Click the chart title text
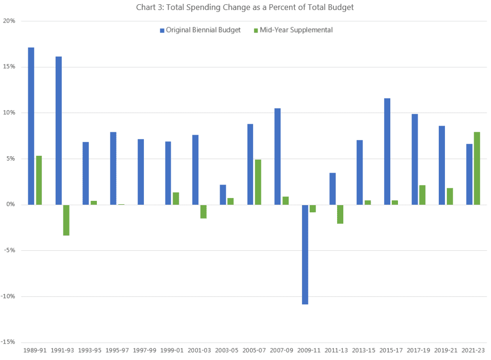pyautogui.click(x=246, y=7)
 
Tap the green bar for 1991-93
pyautogui.click(x=66, y=220)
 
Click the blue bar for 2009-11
pyautogui.click(x=305, y=254)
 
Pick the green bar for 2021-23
pyautogui.click(x=477, y=168)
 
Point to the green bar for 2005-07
pyautogui.click(x=258, y=182)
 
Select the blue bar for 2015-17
pyautogui.click(x=387, y=151)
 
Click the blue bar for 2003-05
pyautogui.click(x=223, y=195)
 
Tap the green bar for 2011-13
pyautogui.click(x=340, y=214)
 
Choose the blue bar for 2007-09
pyautogui.click(x=278, y=156)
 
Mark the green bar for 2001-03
pyautogui.click(x=203, y=211)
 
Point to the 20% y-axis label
pyautogui.click(x=9, y=21)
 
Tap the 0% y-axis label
pyautogui.click(x=11, y=205)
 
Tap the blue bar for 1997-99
pyautogui.click(x=140, y=172)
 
